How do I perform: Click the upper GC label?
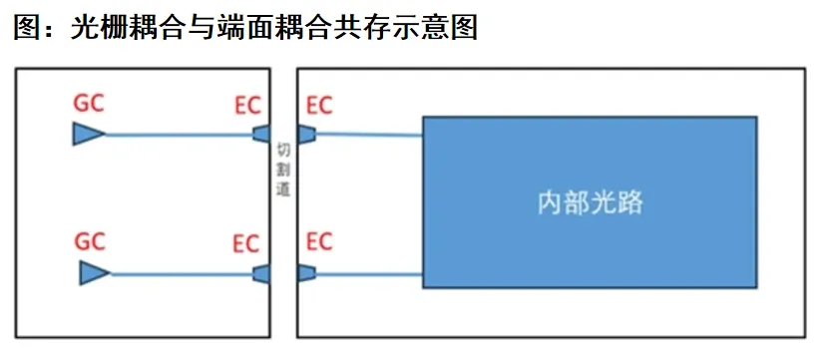click(x=89, y=104)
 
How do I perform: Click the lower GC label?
click(x=90, y=241)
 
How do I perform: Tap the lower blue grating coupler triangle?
click(x=95, y=273)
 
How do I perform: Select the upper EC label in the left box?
click(x=247, y=106)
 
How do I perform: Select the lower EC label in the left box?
click(x=246, y=244)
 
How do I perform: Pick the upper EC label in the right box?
click(x=319, y=106)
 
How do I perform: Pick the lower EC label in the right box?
click(x=319, y=241)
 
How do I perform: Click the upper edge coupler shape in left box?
click(x=261, y=135)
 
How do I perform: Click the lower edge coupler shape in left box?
click(x=261, y=274)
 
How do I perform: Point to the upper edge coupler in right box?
click(x=306, y=135)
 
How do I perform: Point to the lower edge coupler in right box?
click(x=306, y=273)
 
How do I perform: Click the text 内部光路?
click(x=590, y=202)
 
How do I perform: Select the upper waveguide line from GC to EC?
click(x=180, y=135)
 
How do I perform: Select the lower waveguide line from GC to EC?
click(x=182, y=274)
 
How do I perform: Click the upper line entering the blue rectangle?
click(x=369, y=135)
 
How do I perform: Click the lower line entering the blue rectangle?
click(x=369, y=274)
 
